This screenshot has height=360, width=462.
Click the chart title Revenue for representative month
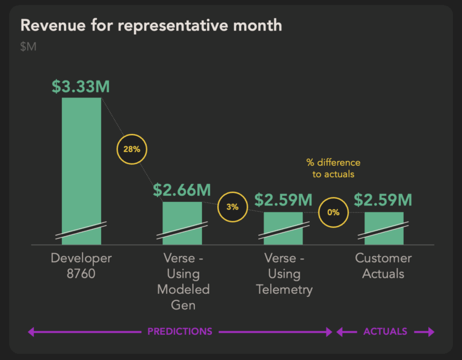tap(151, 25)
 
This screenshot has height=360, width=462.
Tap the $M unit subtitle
tap(28, 46)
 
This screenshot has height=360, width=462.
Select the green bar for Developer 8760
tap(81, 162)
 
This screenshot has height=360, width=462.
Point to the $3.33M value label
tap(81, 87)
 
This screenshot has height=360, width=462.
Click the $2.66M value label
tap(182, 191)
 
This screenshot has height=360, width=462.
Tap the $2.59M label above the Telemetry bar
tap(283, 200)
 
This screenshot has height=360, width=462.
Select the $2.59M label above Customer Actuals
tap(383, 200)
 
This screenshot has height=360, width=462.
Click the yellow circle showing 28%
tap(132, 149)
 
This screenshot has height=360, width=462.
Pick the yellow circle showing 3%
tap(232, 207)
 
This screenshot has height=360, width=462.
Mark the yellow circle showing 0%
tap(333, 212)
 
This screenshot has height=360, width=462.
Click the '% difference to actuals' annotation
tap(333, 168)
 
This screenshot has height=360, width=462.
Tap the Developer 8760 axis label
tap(81, 266)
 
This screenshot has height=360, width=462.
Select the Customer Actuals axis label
tap(383, 266)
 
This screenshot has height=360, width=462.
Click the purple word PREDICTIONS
tap(180, 331)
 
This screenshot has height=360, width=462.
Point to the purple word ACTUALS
tap(385, 331)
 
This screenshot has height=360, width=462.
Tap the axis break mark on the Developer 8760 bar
tap(81, 230)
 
